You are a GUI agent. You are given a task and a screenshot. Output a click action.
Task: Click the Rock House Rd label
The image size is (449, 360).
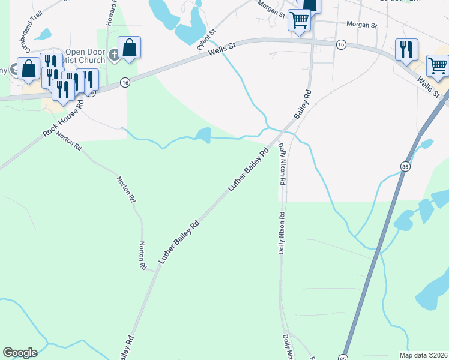pos(62,118)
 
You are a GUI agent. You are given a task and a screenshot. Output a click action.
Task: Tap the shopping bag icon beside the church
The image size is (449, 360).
pos(130,47)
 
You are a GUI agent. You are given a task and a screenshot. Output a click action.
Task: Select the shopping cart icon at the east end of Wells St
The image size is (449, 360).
pos(438,65)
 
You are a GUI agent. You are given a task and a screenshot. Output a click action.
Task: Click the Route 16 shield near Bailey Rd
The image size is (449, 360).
pos(340,45)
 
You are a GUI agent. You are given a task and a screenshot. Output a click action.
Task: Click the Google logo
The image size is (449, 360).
pos(20,353)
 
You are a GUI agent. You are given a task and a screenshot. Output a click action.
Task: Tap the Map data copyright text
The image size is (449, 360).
pos(423,355)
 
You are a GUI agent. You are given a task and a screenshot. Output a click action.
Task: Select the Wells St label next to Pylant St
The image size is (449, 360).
pos(224,50)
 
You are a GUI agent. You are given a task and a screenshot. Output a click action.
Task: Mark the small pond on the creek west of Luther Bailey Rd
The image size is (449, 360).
pos(203,136)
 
